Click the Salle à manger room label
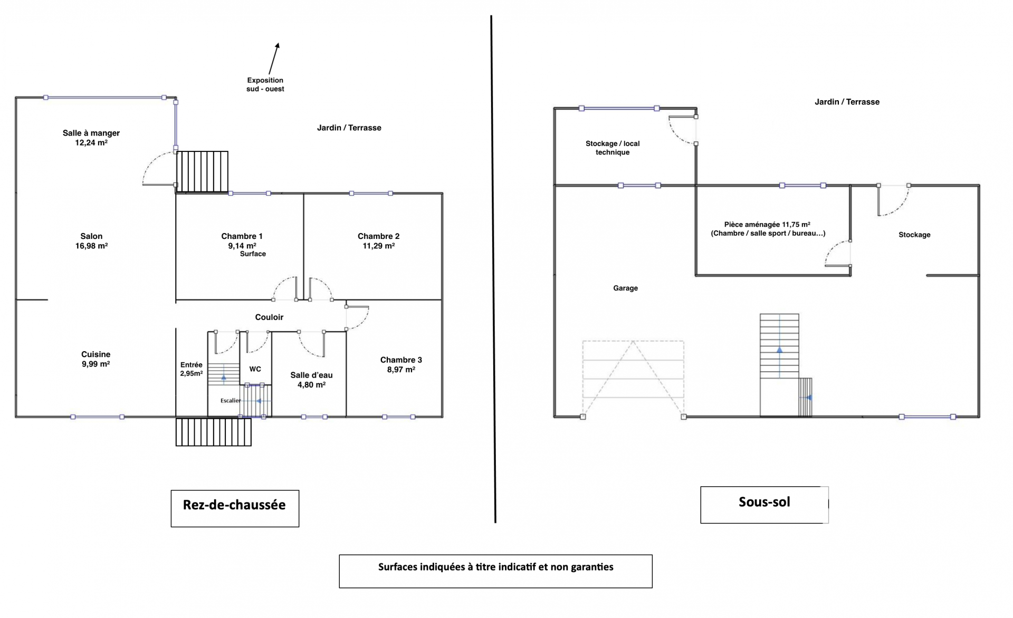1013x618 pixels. pos(91,138)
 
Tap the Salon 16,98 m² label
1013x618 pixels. pos(91,241)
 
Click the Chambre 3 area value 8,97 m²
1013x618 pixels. pos(401,370)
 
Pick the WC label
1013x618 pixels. pos(255,369)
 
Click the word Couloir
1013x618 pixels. pos(269,317)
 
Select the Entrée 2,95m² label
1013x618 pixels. pos(191,369)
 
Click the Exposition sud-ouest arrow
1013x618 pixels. pos(274,59)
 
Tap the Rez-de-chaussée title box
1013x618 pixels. pos(235,508)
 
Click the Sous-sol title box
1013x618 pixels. pos(764,505)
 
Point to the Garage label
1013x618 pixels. pos(625,288)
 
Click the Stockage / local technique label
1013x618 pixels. pos(613,148)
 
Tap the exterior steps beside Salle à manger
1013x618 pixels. pos(202,172)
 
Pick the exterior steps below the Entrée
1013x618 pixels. pos(213,432)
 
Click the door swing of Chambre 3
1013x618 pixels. pos(357,317)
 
